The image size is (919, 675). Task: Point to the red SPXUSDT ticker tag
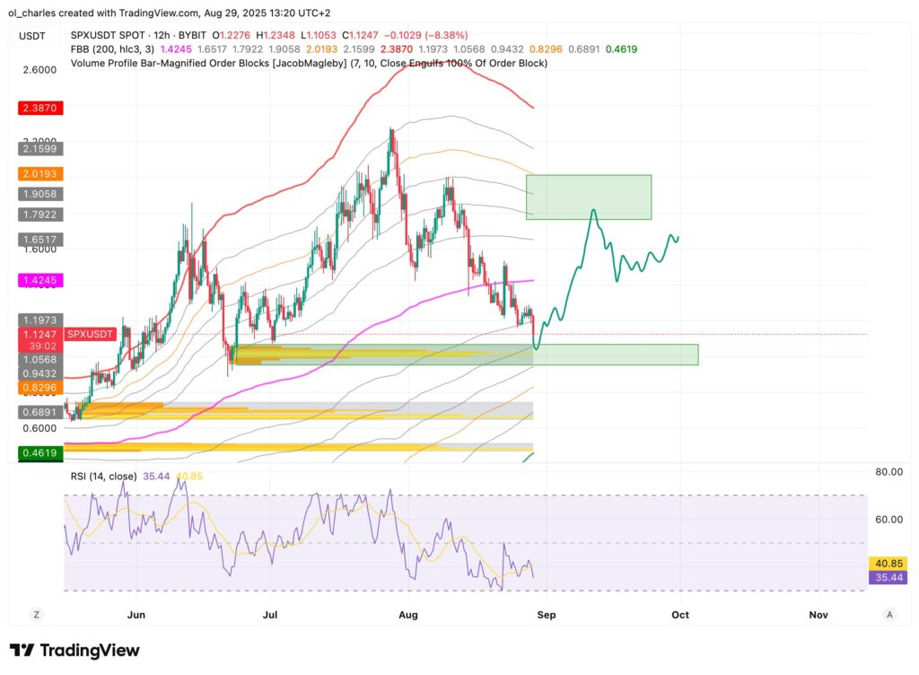tap(91, 334)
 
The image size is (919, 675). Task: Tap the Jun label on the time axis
tap(136, 615)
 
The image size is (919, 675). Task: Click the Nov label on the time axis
tap(818, 615)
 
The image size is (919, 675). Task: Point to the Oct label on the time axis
tap(680, 615)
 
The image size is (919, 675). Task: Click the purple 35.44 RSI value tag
tap(888, 578)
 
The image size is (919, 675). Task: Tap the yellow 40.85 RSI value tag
tap(888, 564)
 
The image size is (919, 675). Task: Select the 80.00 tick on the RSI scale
tap(888, 470)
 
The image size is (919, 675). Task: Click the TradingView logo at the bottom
tap(74, 651)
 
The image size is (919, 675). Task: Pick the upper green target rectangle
tap(588, 197)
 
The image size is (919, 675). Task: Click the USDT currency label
tap(33, 36)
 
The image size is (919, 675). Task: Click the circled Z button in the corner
tap(37, 615)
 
